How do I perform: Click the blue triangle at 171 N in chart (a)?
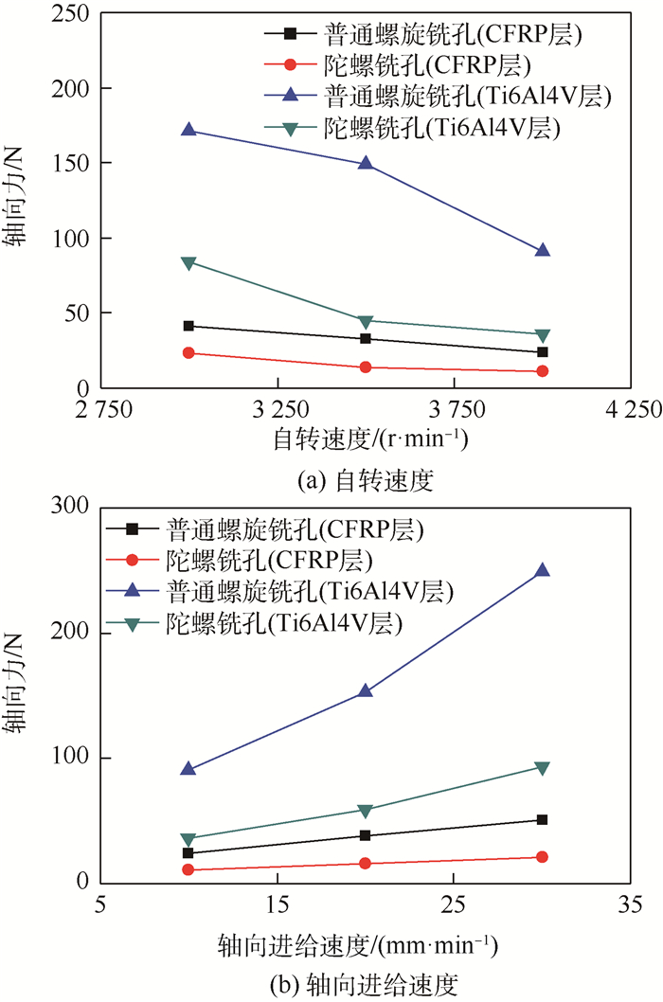(188, 130)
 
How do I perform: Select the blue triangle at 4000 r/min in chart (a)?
(542, 250)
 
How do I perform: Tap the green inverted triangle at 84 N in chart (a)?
(188, 262)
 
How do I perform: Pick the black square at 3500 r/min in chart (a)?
(365, 338)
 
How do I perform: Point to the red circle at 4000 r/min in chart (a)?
(542, 371)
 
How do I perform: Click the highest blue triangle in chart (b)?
(542, 570)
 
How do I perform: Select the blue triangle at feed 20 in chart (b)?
(365, 691)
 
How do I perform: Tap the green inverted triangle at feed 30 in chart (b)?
(542, 768)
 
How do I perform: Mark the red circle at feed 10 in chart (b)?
(188, 869)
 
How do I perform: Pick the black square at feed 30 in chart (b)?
(542, 819)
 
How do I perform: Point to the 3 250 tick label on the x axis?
(278, 410)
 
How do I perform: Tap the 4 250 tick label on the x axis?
(630, 410)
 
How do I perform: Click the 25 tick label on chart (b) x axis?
(454, 904)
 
